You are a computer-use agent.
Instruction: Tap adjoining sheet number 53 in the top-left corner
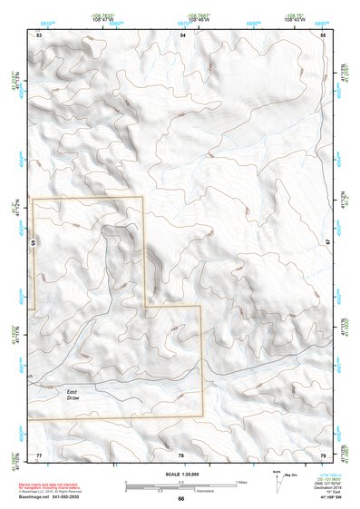click(x=39, y=34)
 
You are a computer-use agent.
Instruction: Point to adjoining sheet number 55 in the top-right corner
click(x=324, y=34)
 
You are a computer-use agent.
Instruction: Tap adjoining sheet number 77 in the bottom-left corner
click(x=39, y=454)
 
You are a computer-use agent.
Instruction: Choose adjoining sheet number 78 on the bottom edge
click(x=181, y=454)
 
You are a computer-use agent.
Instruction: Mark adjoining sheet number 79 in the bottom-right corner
click(x=323, y=454)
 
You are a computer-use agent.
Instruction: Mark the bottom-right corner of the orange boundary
click(x=201, y=416)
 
